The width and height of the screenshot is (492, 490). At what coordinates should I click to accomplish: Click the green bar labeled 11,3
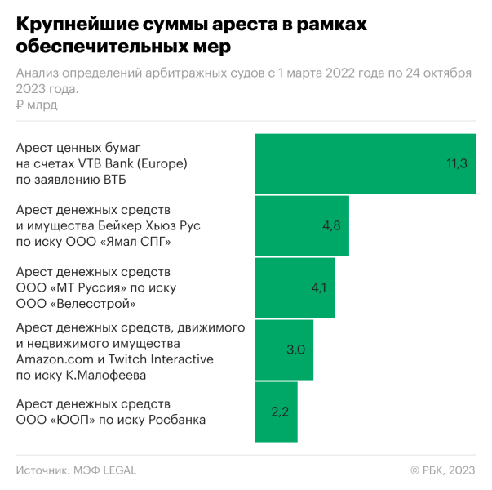coord(365,163)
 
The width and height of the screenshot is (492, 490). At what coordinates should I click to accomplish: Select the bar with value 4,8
coord(302,225)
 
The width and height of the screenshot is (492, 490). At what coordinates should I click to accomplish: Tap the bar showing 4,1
coord(295,287)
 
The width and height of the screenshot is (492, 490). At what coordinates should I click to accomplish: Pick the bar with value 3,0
coord(284,350)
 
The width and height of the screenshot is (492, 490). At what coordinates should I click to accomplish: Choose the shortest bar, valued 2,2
coord(276,412)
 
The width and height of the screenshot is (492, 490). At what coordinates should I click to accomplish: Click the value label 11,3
coord(456,163)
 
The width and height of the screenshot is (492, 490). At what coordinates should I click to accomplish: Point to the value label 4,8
coord(331,225)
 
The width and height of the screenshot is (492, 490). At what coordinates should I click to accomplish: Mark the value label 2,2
coord(281,412)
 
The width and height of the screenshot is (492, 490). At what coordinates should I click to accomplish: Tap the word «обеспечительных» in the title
coord(87,47)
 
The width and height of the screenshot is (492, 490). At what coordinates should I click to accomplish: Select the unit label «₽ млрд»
coord(37,105)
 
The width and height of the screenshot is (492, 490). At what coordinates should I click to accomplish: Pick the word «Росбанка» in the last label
coord(177,420)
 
